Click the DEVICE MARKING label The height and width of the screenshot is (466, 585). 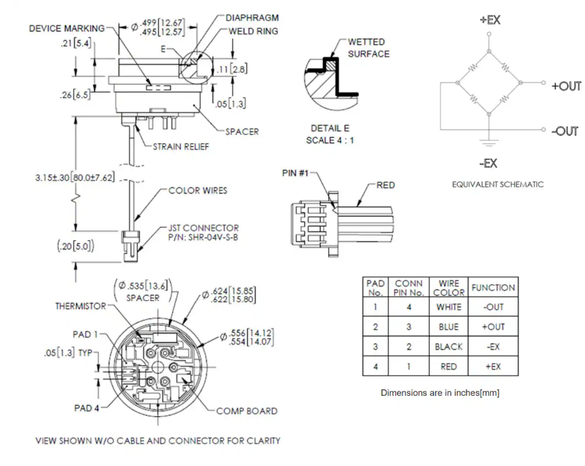tap(67, 29)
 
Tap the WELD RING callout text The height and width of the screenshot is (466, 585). tap(253, 31)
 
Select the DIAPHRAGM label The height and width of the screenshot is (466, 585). tap(252, 18)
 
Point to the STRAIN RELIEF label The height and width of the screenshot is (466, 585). tap(181, 146)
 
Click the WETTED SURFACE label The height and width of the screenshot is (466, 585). tap(368, 48)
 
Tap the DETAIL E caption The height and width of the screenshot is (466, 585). tap(330, 128)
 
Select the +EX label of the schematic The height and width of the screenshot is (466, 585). tap(490, 20)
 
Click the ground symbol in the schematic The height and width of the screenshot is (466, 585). tap(489, 142)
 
